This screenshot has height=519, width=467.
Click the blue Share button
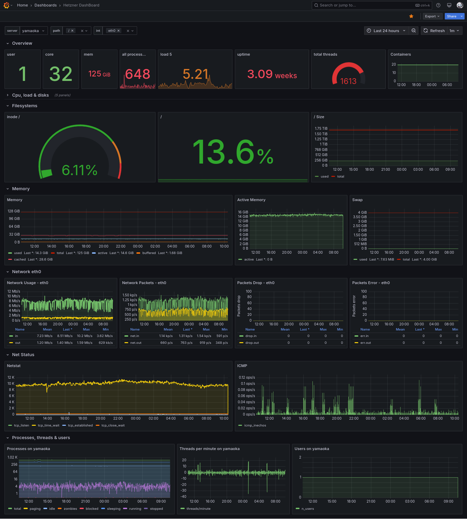[451, 16]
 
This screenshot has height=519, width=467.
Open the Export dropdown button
[432, 16]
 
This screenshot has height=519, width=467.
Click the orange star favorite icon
[411, 16]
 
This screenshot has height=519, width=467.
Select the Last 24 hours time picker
[386, 31]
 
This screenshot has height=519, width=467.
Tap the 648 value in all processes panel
[137, 74]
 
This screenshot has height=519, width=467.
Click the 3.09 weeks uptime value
[272, 74]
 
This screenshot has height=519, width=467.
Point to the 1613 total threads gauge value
[348, 81]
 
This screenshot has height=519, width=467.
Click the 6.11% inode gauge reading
[80, 170]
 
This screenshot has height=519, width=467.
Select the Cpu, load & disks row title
[30, 95]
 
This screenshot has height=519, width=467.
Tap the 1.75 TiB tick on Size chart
[321, 129]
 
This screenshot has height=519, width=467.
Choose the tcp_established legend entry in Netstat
[80, 425]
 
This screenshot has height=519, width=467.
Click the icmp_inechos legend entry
[255, 425]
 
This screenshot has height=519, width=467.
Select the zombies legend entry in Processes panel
[70, 509]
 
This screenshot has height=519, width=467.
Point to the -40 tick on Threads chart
[184, 496]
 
